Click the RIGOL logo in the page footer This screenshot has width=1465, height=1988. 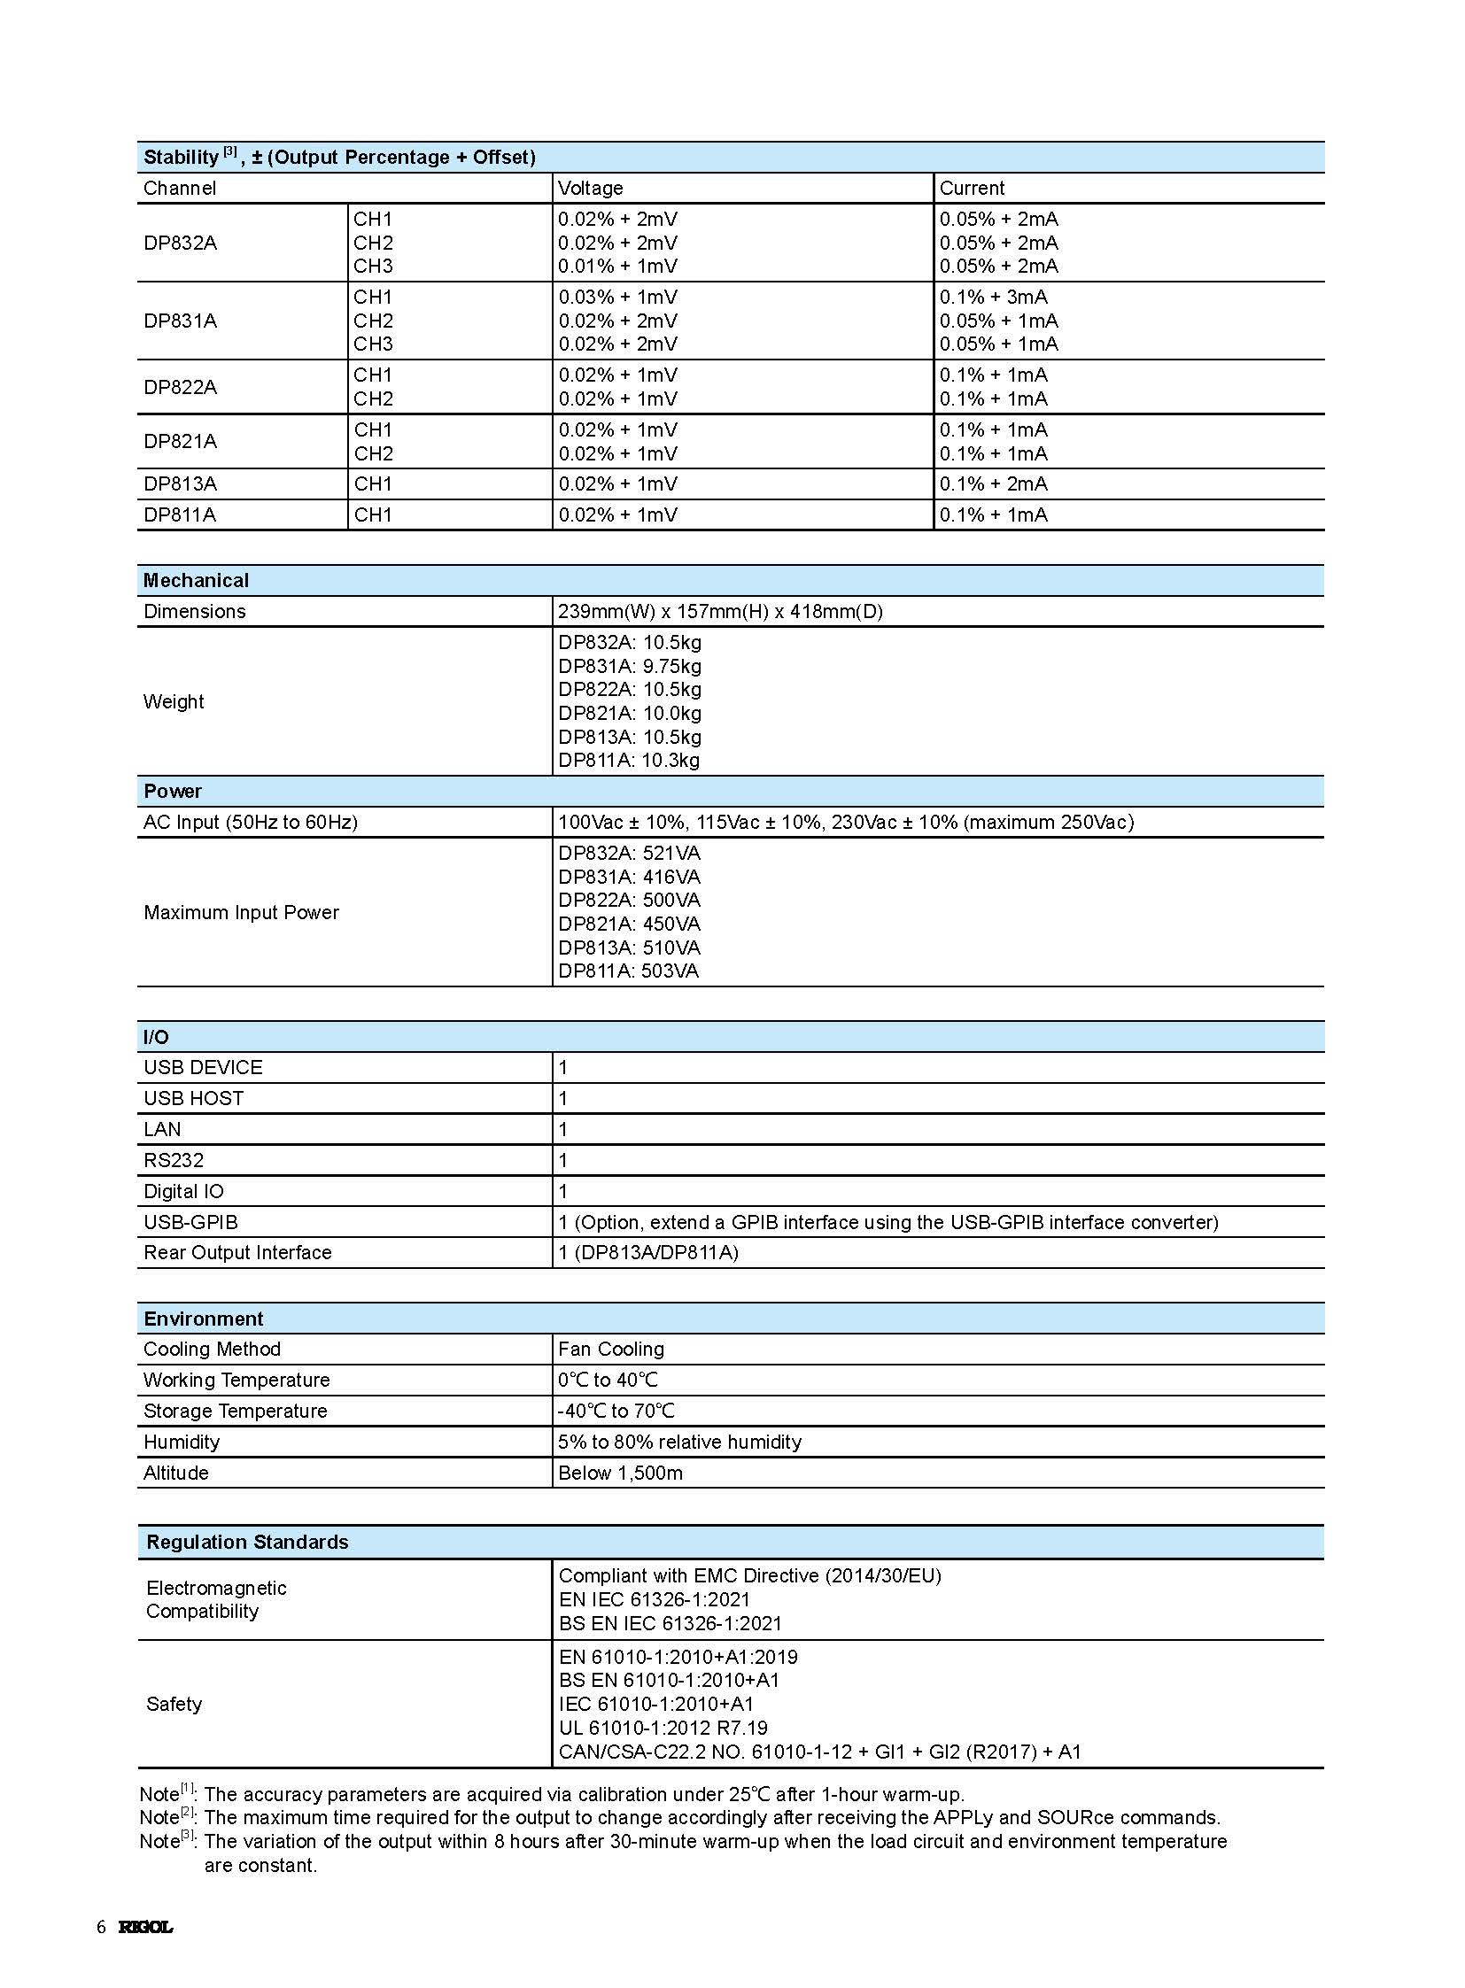[145, 1927]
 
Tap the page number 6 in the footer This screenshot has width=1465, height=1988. [101, 1927]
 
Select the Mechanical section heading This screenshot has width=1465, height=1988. [196, 581]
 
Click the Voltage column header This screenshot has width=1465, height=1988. [591, 188]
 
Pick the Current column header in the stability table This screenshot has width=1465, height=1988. [972, 188]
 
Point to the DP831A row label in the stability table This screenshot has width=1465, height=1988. [180, 321]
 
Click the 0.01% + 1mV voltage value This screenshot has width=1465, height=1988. [617, 266]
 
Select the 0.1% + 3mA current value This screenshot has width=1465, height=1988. [993, 297]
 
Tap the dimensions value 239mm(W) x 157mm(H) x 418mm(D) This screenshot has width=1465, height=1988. [720, 612]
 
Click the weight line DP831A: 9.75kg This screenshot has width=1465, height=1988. [629, 666]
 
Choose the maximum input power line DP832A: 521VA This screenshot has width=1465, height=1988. [629, 853]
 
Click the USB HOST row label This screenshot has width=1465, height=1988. [193, 1099]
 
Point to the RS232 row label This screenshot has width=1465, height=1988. [174, 1161]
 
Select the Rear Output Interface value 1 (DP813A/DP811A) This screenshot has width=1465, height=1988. [648, 1253]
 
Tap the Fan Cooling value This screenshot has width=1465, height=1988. [611, 1350]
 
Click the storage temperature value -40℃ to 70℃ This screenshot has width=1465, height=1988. [616, 1412]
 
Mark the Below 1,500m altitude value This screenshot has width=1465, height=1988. [620, 1474]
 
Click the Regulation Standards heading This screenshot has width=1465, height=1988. [247, 1543]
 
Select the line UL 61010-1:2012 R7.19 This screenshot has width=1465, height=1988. [663, 1729]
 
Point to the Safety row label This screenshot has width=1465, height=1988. [174, 1705]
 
